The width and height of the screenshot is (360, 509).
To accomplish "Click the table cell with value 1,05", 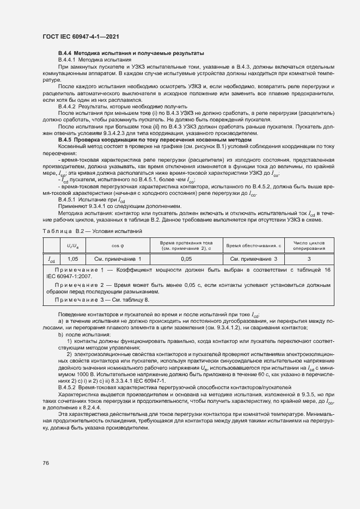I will (x=72, y=260).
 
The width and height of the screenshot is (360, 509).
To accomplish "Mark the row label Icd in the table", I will (x=51, y=260).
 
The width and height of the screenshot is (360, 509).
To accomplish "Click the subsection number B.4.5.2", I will (x=69, y=388).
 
